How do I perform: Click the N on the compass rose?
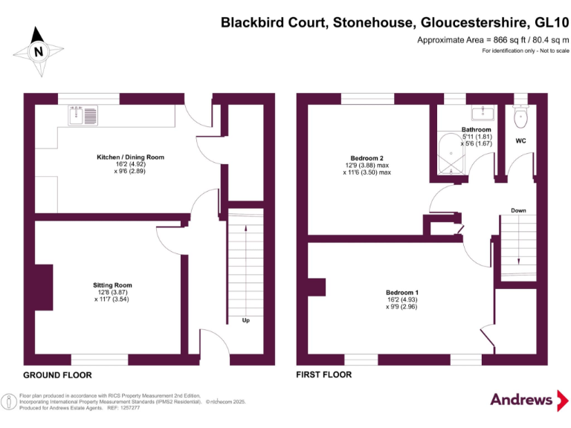click(x=38, y=51)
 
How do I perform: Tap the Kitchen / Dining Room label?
click(x=130, y=158)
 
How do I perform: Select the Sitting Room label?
click(x=112, y=285)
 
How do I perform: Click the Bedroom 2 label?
click(x=367, y=158)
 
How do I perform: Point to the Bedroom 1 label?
click(x=402, y=293)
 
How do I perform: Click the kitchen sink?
click(x=83, y=115)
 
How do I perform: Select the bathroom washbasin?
click(x=483, y=113)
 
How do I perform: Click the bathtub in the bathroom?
click(x=451, y=154)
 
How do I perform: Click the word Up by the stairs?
click(x=246, y=320)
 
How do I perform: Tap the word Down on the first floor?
click(x=518, y=210)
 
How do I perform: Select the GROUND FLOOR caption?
click(x=57, y=374)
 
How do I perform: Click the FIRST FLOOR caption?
click(x=323, y=374)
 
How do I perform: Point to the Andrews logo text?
click(x=521, y=400)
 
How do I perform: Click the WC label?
click(x=520, y=141)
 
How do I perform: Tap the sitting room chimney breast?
click(x=44, y=288)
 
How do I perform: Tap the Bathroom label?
click(x=477, y=129)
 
